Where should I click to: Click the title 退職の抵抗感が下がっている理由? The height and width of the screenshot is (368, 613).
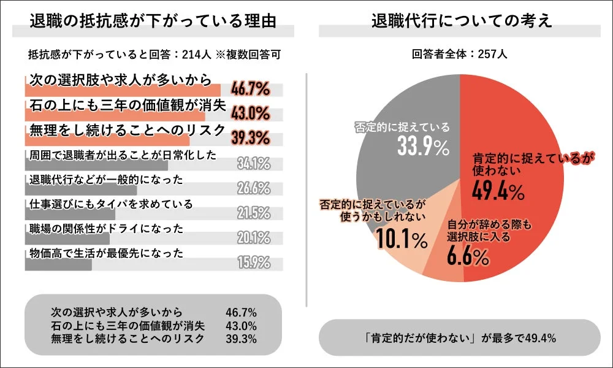tap(153, 20)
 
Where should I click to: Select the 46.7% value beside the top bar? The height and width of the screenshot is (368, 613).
tap(250, 90)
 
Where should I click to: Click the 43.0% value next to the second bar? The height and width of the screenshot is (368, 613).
tap(250, 115)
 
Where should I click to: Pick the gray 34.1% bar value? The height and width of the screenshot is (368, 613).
tap(254, 164)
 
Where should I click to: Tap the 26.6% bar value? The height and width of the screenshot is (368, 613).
tap(254, 188)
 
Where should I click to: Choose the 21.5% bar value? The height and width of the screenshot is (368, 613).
tap(254, 213)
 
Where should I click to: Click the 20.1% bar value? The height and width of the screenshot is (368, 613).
tap(254, 238)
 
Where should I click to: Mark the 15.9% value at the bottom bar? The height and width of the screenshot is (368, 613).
tap(254, 263)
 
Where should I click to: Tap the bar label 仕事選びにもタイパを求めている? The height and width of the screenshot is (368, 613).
tap(111, 204)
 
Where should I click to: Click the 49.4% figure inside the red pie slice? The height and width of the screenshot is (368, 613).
tap(498, 192)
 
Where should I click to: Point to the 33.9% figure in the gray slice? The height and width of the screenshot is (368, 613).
tap(416, 147)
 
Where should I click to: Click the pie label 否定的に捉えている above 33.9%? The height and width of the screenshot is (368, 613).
tap(402, 128)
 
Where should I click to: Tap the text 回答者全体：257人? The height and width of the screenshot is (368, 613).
tap(460, 54)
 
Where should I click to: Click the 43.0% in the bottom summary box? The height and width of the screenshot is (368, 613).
tap(241, 325)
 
